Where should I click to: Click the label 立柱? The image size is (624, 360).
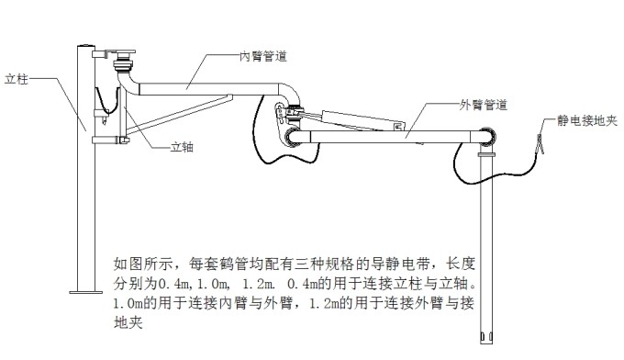tap(19, 79)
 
